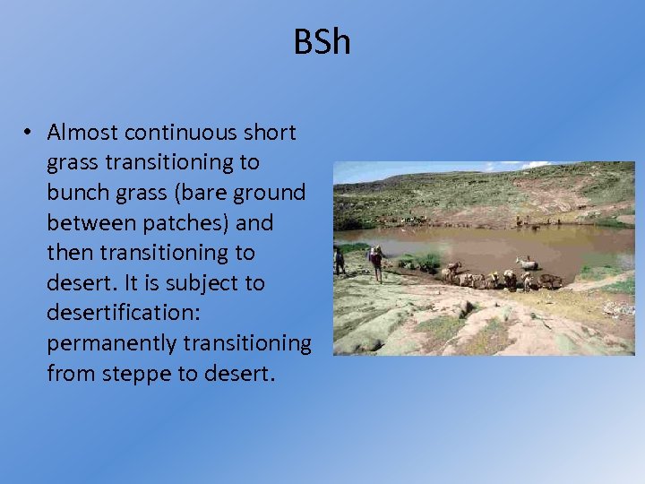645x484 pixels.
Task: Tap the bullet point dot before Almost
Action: [x=29, y=133]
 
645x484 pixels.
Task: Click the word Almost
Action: [x=83, y=133]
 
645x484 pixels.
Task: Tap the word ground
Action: [x=274, y=193]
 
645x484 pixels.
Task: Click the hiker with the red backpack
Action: [x=376, y=261]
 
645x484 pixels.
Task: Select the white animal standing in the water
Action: [x=528, y=263]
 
